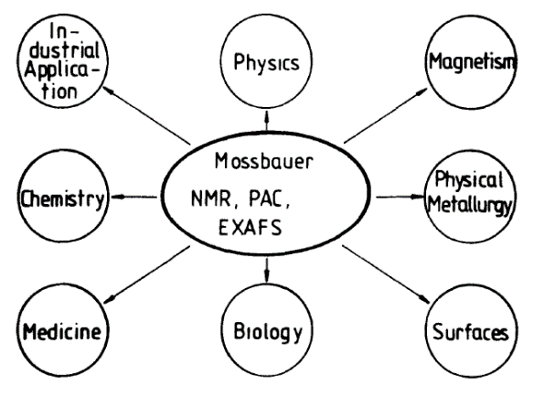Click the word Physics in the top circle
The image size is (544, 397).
(x=266, y=63)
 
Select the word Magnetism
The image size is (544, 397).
(x=472, y=62)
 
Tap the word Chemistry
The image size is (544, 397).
(x=62, y=199)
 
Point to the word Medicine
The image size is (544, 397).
(x=62, y=331)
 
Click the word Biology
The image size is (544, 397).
(x=268, y=332)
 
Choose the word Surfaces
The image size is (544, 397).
(x=471, y=332)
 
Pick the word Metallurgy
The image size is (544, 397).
(x=470, y=205)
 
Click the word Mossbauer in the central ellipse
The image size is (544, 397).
(x=263, y=162)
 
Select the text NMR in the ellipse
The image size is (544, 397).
(x=212, y=199)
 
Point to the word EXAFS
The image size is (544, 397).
(x=251, y=228)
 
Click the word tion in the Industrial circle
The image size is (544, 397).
(x=59, y=91)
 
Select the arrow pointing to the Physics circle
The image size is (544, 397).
(x=266, y=120)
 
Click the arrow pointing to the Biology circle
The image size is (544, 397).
(x=266, y=269)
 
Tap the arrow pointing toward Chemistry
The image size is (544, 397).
(x=133, y=197)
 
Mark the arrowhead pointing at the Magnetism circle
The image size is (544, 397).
(x=422, y=91)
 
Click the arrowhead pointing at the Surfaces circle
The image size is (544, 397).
(x=424, y=298)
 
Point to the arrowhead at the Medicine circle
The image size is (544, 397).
(x=110, y=299)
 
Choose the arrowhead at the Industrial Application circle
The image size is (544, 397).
(x=109, y=90)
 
